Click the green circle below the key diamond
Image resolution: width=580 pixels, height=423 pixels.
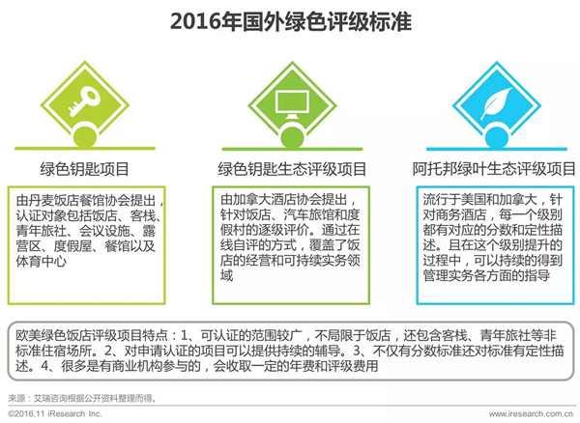tap(85, 137)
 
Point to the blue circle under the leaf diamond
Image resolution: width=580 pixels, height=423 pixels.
tap(497, 138)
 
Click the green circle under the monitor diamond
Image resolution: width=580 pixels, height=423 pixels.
tap(292, 138)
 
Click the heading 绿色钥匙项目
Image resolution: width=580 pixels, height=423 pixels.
tap(85, 169)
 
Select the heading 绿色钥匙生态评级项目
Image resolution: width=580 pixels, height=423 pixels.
tap(292, 169)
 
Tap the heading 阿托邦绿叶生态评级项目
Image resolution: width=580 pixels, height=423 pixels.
tap(494, 169)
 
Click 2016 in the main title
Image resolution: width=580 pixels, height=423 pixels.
tap(195, 20)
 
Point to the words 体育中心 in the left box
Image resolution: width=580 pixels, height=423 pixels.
tap(41, 261)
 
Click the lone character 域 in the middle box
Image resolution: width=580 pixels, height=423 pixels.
tap(227, 275)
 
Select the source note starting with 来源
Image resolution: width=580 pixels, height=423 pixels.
tap(82, 398)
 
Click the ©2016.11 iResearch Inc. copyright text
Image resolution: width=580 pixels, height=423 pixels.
tap(55, 413)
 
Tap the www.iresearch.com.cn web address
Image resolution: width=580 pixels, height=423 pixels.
tap(531, 414)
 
